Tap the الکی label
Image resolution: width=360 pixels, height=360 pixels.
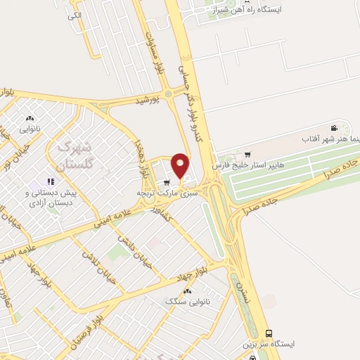pos(74,15)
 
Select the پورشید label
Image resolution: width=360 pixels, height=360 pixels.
pos(148,101)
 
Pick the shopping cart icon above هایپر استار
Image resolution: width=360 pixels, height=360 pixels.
pos(247,154)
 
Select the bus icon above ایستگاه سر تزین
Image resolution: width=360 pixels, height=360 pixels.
pos(268,333)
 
